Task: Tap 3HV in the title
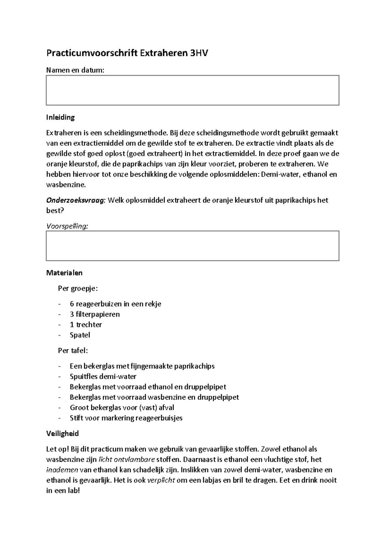[199, 53]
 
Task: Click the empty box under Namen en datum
[192, 90]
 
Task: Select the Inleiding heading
[60, 117]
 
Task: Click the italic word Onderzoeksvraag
[76, 200]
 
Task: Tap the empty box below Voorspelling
[192, 246]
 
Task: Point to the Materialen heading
[64, 273]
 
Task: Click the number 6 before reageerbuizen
[72, 304]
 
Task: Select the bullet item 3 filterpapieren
[95, 314]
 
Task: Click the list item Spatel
[80, 335]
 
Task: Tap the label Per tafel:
[73, 350]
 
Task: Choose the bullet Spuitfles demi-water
[103, 376]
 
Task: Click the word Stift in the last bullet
[76, 418]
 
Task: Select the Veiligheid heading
[62, 434]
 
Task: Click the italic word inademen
[62, 470]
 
